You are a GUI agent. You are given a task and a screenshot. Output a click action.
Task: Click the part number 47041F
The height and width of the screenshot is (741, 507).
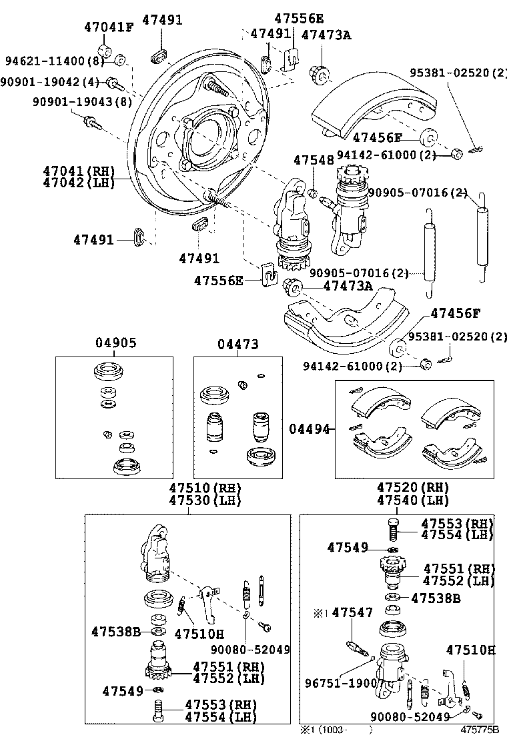coord(108,27)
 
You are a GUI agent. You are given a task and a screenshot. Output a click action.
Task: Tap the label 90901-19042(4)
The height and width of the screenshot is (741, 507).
coord(50,82)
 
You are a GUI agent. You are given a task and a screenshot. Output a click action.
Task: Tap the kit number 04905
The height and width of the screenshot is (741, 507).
coord(115,344)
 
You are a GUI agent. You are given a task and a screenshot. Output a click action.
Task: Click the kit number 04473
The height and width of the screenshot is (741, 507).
coord(238,344)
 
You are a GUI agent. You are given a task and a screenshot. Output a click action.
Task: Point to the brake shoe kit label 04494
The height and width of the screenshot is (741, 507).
coord(309,430)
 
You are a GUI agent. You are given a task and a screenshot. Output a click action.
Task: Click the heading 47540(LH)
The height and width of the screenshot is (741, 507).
coord(412,500)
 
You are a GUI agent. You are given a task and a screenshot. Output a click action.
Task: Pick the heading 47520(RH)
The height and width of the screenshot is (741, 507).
coord(412,488)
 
